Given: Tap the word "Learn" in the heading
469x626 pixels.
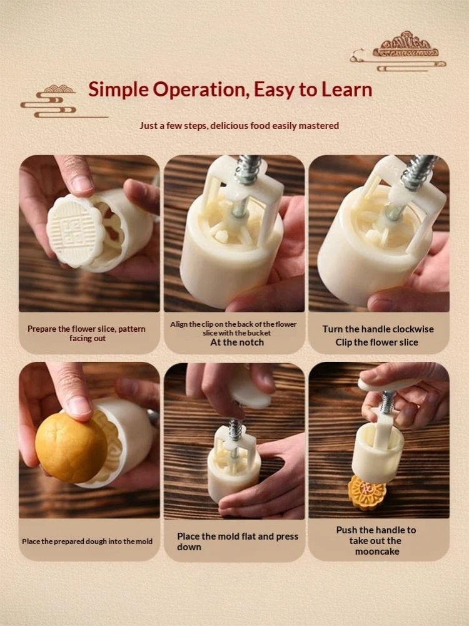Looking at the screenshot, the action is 346,89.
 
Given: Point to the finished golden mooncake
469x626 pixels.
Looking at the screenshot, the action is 366,492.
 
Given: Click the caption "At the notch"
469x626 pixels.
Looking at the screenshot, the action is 237,342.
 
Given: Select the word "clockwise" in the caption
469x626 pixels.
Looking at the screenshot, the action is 410,329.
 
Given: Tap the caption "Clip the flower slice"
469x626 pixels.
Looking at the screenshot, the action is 376,342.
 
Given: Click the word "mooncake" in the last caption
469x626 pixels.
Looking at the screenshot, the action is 377,552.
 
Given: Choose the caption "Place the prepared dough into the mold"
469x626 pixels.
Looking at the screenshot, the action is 88,541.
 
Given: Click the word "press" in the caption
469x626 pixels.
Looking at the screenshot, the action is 287,536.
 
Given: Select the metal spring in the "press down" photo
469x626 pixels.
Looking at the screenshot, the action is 235,429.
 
